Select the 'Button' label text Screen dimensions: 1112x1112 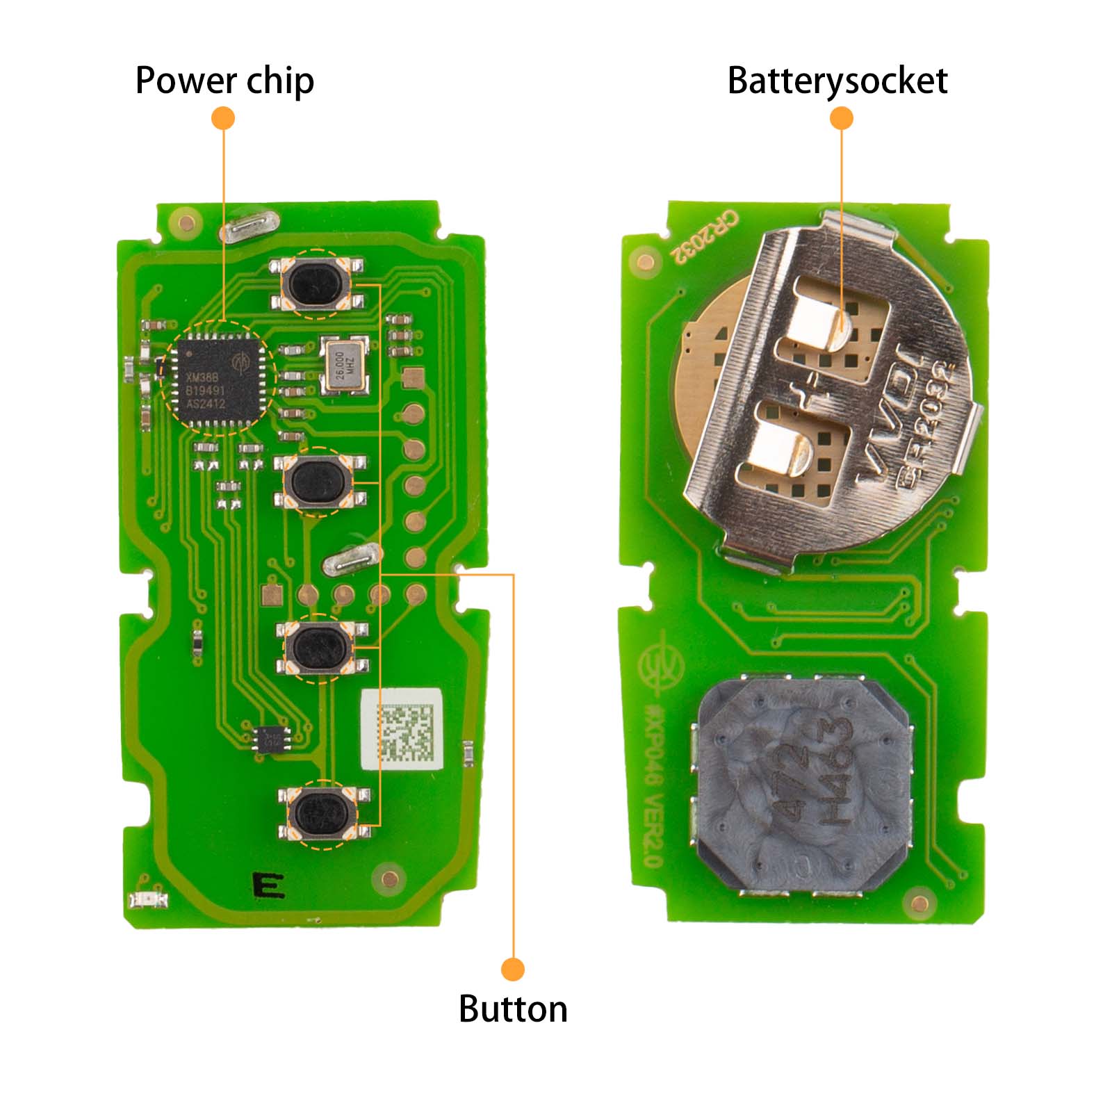513,1009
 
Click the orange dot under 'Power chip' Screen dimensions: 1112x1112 223,118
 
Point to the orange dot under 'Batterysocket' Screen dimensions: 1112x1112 841,118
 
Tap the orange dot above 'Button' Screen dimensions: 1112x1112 513,969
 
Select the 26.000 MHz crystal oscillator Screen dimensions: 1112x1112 344,365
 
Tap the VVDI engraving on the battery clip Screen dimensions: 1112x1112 890,417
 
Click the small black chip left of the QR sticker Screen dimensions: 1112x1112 272,738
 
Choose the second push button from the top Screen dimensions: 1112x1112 318,482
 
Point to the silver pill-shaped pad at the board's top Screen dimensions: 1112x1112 250,227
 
